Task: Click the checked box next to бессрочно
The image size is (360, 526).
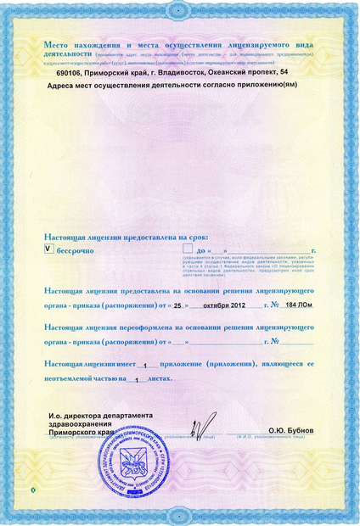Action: [48, 250]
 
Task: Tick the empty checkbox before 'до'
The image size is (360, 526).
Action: [189, 250]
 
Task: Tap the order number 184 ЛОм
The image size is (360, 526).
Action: [297, 305]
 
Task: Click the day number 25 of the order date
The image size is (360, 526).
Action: [177, 305]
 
